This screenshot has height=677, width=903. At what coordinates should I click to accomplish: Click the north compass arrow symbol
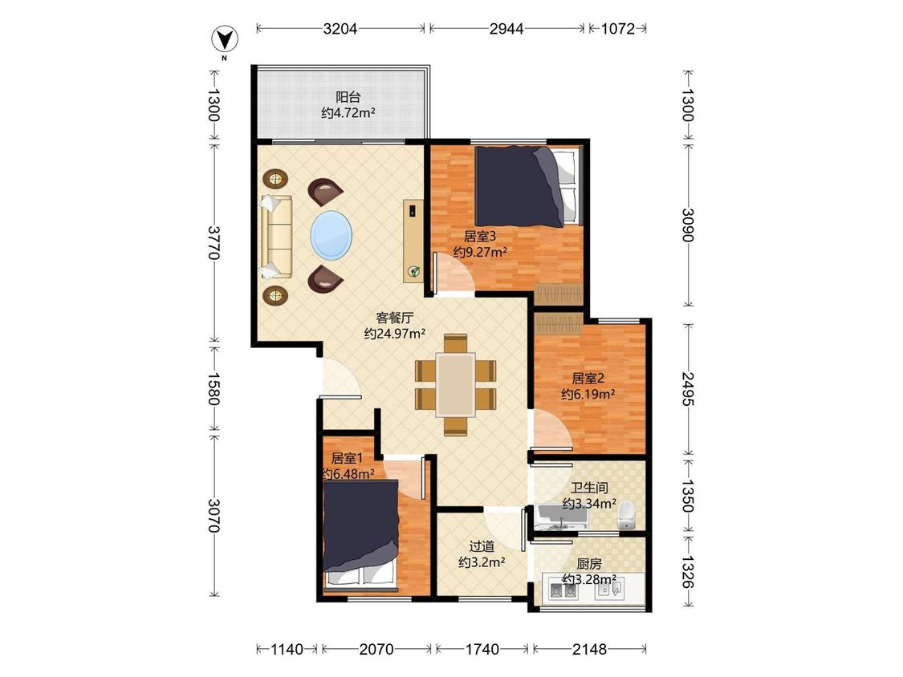(225, 39)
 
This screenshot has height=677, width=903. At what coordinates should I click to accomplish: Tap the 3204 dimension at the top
(340, 28)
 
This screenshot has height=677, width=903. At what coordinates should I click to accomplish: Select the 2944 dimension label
(506, 28)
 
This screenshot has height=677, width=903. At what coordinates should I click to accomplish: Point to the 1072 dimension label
(618, 28)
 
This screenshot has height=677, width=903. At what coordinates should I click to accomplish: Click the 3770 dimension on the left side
(214, 242)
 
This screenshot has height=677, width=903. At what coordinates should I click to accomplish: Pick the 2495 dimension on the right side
(688, 388)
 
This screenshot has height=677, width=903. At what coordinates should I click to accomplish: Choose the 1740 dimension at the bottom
(482, 650)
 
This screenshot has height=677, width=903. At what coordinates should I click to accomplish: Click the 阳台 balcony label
(348, 97)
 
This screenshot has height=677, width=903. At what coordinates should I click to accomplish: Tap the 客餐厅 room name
(394, 317)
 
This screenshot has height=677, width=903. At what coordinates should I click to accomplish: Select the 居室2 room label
(588, 379)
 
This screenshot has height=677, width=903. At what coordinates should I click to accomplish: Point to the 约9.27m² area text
(480, 252)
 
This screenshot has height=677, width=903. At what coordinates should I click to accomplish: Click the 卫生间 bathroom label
(589, 488)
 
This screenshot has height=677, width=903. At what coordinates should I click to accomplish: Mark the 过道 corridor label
(482, 545)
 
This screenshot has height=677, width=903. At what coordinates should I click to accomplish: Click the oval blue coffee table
(332, 236)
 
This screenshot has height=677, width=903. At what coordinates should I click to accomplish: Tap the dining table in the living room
(456, 384)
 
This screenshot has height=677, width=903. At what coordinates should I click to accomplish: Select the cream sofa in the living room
(276, 237)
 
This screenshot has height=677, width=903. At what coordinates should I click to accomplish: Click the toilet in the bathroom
(625, 515)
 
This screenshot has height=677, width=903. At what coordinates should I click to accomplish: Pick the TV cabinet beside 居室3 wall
(413, 241)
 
